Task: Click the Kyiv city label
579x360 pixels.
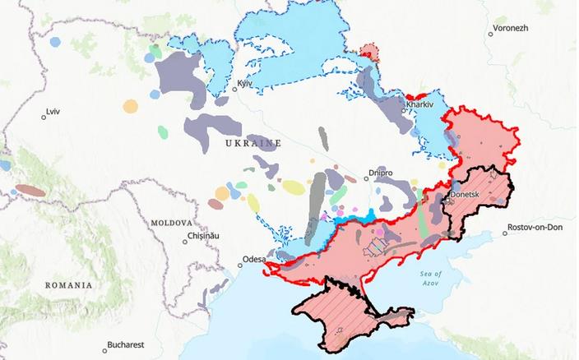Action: pos(243,85)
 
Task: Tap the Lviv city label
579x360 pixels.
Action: pos(53,110)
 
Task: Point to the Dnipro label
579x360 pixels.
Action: pos(380,174)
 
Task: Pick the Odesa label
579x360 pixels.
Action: pos(253,260)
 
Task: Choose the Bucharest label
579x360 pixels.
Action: pos(127,345)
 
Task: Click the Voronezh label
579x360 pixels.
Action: pos(511,28)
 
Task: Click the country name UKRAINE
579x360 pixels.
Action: pos(252,143)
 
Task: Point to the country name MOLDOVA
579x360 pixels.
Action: pos(172,223)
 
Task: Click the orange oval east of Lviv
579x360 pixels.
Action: pos(130,106)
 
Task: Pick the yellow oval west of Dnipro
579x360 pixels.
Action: pos(294,187)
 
